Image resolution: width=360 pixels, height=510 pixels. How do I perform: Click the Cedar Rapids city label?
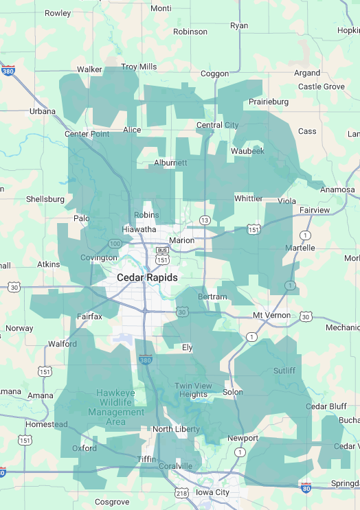pyautogui.click(x=147, y=277)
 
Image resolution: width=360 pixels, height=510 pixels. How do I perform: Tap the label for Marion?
pyautogui.click(x=182, y=240)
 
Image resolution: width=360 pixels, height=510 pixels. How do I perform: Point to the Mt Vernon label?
pyautogui.click(x=268, y=315)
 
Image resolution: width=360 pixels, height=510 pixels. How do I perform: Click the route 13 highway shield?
pyautogui.click(x=205, y=220)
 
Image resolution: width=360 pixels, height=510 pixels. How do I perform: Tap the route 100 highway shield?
pyautogui.click(x=115, y=244)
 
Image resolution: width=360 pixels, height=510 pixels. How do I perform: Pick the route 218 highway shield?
pyautogui.click(x=181, y=493)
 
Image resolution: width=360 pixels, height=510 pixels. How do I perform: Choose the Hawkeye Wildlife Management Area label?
pyautogui.click(x=115, y=403)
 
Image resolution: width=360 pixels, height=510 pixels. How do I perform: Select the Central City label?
pyautogui.click(x=217, y=125)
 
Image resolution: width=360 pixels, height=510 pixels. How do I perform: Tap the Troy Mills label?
pyautogui.click(x=139, y=67)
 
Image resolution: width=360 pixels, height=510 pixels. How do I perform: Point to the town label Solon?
pyautogui.click(x=232, y=392)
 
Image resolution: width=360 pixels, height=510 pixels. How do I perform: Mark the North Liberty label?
pyautogui.click(x=171, y=429)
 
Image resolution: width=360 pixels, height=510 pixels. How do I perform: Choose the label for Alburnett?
pyautogui.click(x=170, y=163)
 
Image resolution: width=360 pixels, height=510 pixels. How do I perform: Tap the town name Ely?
pyautogui.click(x=187, y=347)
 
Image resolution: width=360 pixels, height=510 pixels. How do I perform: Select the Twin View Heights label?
pyautogui.click(x=193, y=390)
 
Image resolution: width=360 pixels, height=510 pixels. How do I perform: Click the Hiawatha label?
pyautogui.click(x=138, y=229)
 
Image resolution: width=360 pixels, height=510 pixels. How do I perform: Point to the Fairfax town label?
pyautogui.click(x=89, y=316)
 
